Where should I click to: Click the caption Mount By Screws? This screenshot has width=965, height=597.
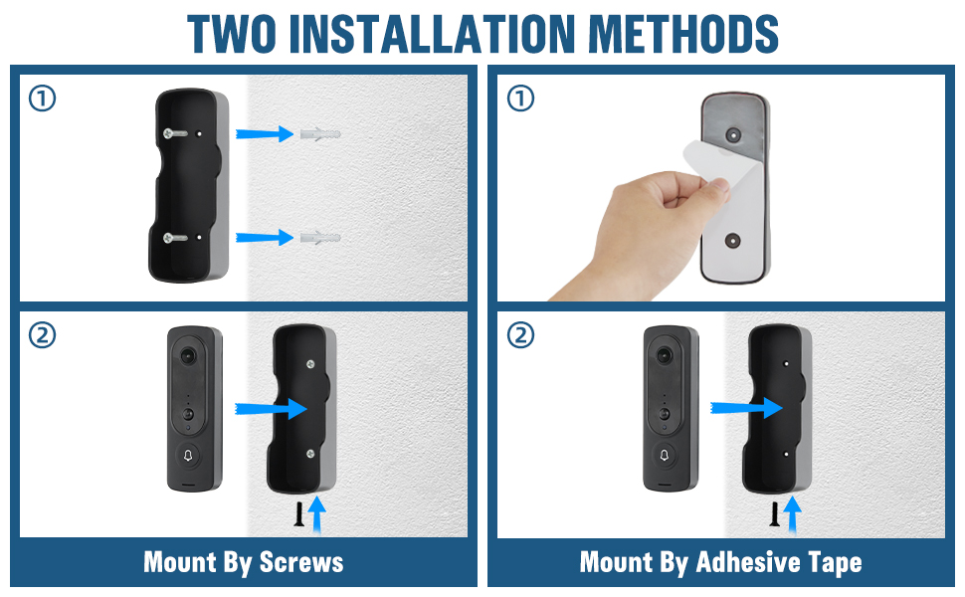pyautogui.click(x=244, y=562)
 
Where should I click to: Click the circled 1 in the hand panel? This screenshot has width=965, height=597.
pyautogui.click(x=520, y=99)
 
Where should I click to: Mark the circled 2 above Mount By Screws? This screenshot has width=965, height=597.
pyautogui.click(x=43, y=336)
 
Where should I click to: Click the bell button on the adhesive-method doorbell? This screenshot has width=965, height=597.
pyautogui.click(x=665, y=457)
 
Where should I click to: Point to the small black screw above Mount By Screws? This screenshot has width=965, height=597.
pyautogui.click(x=296, y=513)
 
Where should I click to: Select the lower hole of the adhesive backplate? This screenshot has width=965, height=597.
pyautogui.click(x=734, y=241)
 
